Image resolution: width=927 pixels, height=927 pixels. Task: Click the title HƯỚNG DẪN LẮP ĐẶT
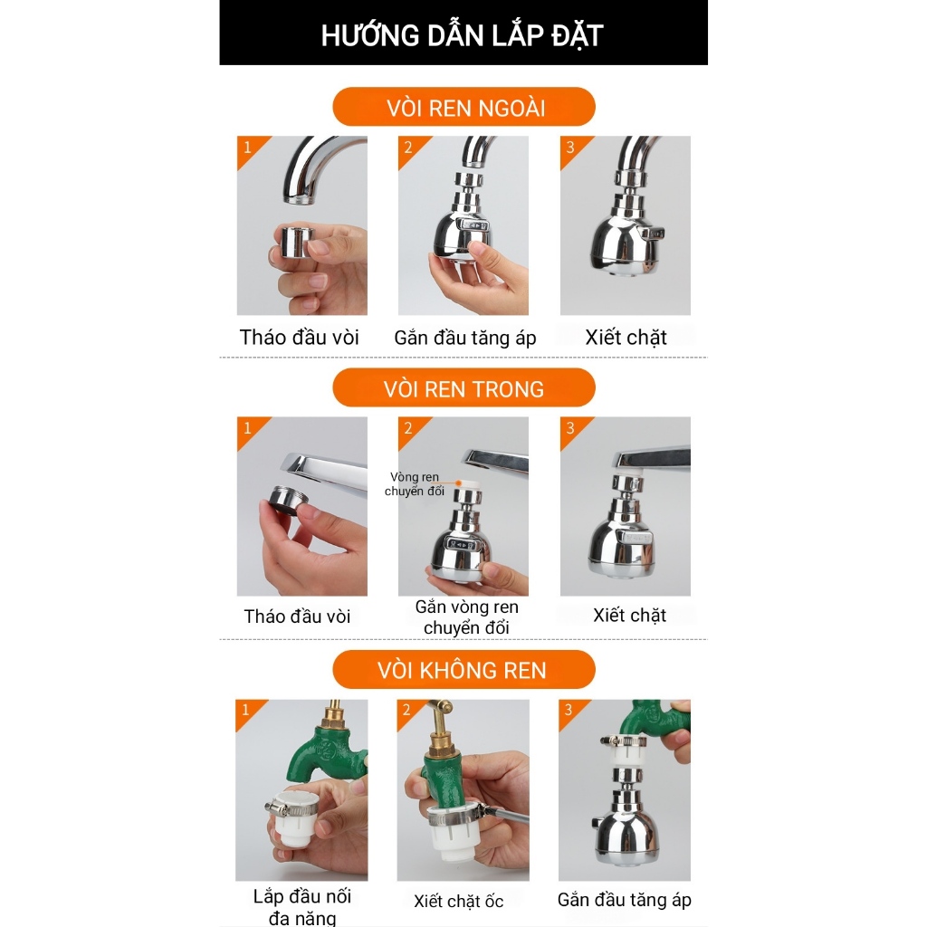coord(463,35)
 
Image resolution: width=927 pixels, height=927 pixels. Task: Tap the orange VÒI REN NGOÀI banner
coord(464,107)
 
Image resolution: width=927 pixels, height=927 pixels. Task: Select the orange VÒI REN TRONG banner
coord(464,387)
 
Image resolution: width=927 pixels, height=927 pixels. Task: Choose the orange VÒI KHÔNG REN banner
coord(464,670)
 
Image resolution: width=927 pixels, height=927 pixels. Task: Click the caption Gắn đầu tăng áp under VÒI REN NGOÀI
coord(465,338)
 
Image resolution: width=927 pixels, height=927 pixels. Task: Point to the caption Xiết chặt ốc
coord(459,901)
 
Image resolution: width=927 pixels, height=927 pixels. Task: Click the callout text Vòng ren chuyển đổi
coord(415,483)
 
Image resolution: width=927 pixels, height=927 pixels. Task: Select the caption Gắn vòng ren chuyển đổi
coord(466,617)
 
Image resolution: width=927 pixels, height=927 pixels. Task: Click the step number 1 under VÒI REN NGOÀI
coord(248,148)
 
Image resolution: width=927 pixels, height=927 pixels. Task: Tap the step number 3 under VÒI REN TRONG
coord(570,428)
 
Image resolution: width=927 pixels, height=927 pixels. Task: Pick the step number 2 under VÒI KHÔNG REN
coord(406,710)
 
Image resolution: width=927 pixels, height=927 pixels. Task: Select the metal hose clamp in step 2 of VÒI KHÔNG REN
coord(453,817)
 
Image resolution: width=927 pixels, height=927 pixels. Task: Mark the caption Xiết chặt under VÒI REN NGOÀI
coord(626,338)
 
